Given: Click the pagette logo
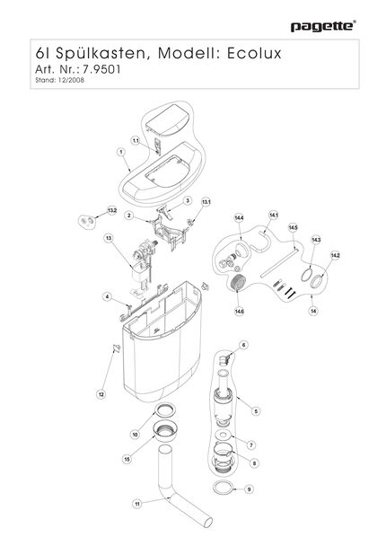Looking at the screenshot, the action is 323,26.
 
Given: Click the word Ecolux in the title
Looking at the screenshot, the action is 254,53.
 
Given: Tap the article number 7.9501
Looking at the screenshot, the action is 101,69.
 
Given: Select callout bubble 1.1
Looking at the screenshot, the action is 136,141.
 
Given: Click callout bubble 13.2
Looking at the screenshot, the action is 111,210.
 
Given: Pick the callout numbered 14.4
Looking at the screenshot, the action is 239,218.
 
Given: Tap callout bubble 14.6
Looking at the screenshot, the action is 239,312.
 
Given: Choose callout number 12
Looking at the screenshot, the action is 101,394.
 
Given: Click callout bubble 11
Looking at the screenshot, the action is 137,504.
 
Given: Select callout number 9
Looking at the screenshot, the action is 249,489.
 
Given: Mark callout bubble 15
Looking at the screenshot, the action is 127,459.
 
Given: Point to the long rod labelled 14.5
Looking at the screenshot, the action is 279,262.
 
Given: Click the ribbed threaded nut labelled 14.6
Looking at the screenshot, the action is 238,282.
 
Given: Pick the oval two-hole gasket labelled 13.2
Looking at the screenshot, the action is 86,222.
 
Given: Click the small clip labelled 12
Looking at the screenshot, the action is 117,348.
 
